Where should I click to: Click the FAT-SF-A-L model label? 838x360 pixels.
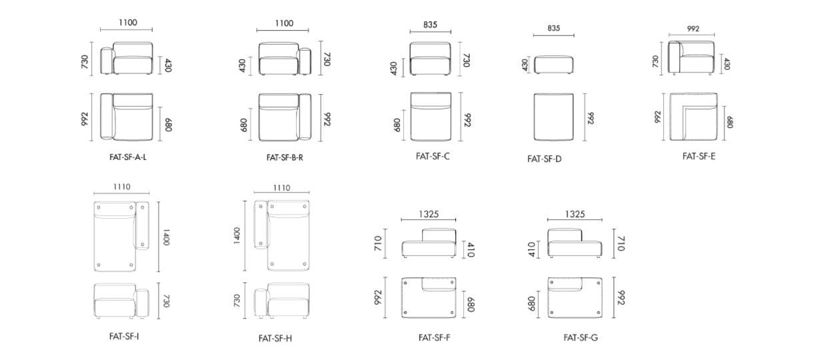point(128,157)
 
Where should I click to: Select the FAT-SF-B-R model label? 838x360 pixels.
point(285,157)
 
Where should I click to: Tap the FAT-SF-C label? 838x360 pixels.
point(433,157)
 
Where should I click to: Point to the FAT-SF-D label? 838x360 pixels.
point(544,159)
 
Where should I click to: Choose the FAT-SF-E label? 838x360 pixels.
point(699,157)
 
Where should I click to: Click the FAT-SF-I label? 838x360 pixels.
point(124,337)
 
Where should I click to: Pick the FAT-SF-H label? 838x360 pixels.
point(275,338)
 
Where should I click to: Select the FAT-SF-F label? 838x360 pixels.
point(435,338)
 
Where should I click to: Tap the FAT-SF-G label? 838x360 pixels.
point(581,338)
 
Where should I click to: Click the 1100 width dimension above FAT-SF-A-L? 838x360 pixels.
point(128,23)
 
